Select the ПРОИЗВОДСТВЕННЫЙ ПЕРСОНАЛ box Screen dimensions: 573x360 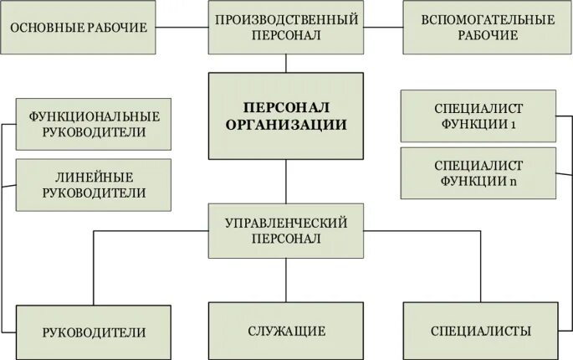pos(286,28)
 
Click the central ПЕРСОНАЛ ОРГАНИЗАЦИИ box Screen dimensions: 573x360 pos(286,116)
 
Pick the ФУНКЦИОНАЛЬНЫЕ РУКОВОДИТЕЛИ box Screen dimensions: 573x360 pos(94,124)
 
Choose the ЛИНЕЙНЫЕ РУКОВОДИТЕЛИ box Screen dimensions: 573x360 pos(94,184)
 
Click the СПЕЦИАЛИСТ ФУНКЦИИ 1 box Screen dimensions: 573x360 pos(478,116)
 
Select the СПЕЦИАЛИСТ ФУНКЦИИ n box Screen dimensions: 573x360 pos(478,173)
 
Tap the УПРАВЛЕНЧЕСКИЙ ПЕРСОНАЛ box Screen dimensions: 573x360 pos(286,229)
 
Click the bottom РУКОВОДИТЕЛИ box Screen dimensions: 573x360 pos(94,332)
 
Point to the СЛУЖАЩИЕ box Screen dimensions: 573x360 pos(286,332)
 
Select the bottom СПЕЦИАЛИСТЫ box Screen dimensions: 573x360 pos(480,332)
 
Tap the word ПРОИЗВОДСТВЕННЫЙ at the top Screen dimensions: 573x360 pos(286,18)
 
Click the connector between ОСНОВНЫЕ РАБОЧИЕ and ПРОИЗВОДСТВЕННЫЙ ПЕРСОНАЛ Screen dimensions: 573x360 pos(182,28)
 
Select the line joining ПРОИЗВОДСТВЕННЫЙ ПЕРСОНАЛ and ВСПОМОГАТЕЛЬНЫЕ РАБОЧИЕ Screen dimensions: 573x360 pos(383,28)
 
